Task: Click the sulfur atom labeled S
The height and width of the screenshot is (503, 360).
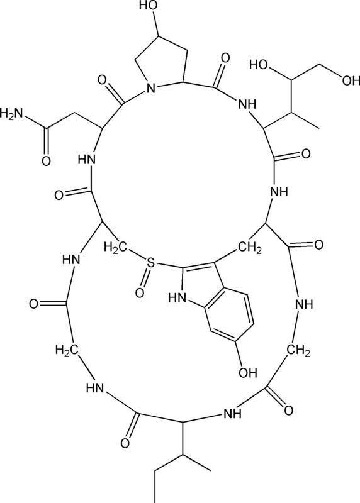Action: coord(150,264)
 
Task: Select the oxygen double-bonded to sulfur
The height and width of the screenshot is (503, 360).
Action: coord(140,292)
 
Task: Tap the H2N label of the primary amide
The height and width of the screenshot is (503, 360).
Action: coord(12,113)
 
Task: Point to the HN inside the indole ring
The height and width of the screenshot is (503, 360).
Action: coord(178,298)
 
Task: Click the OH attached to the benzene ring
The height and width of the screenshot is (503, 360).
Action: coord(247,372)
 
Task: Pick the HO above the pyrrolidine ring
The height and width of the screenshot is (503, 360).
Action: coord(149,6)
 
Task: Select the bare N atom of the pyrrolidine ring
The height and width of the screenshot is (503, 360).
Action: coord(150,87)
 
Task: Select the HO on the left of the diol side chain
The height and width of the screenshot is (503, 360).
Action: coord(259,65)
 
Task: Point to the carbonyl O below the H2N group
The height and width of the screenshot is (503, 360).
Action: coord(46,160)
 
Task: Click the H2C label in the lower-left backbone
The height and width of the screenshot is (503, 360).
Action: coord(67,350)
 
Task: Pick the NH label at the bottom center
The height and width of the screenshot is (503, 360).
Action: coord(232,414)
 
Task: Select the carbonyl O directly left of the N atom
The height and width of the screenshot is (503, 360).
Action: coord(103,80)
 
